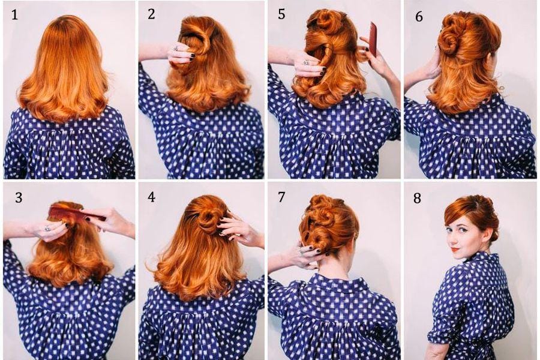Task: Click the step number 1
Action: click(x=14, y=15)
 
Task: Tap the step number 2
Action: click(x=151, y=14)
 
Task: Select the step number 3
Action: click(x=19, y=198)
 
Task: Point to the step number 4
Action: click(x=151, y=197)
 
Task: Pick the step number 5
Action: click(x=281, y=14)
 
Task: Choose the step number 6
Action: click(x=419, y=16)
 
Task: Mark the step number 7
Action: click(x=281, y=197)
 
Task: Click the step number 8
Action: click(x=417, y=198)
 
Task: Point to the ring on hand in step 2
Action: click(x=176, y=48)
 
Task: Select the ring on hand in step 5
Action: click(x=305, y=62)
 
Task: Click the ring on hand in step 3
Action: click(x=47, y=228)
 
